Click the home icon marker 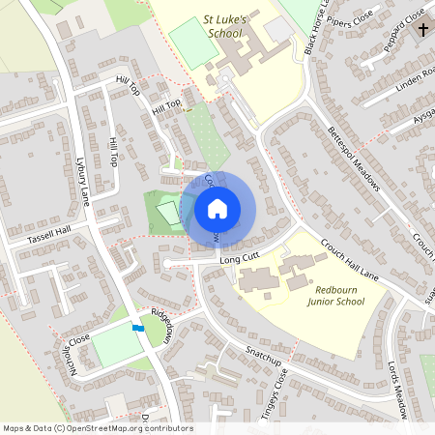point(217,209)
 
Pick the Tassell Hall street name point(49,235)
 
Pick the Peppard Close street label point(403,29)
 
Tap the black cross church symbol point(422,29)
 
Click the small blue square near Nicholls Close point(137,329)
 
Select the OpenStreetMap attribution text point(97,428)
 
